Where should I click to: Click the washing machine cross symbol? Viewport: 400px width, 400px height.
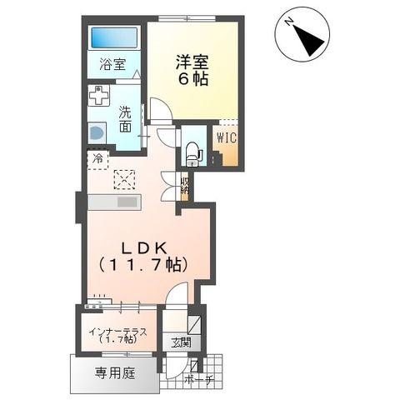98,96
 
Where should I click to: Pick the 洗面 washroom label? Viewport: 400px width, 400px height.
125,120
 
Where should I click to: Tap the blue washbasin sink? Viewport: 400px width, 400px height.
97,132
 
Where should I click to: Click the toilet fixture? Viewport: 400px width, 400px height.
192,152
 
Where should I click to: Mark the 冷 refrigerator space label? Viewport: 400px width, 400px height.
97,157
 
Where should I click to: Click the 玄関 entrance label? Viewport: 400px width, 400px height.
181,342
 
